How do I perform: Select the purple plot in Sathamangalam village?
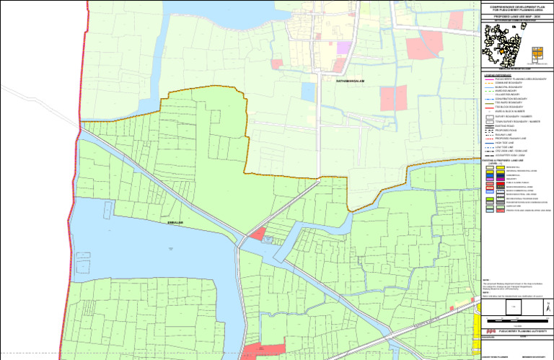coord(344,48)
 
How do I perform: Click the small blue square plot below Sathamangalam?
coord(308,92)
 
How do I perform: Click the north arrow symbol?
coord(539,306)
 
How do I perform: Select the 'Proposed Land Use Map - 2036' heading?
coord(516,15)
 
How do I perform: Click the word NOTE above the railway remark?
coord(487,280)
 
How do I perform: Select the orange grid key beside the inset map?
coord(537,53)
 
